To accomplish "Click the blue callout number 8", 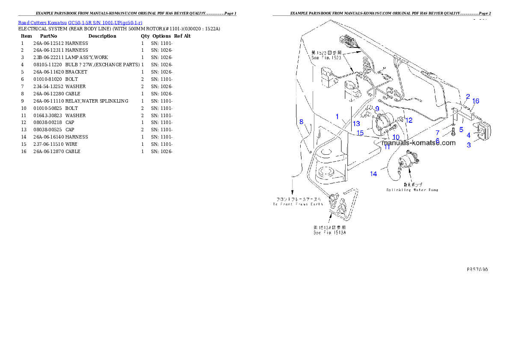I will point(301,122).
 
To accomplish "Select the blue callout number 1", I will point(337,116).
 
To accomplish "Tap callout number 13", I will point(356,124).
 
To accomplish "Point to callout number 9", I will point(377,109).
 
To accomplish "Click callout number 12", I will point(409,121).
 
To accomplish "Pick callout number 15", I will point(360,133).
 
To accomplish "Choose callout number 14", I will point(374,174).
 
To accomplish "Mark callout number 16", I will point(476,101).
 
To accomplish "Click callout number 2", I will point(468,97).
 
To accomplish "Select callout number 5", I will point(461,129).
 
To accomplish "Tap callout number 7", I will point(438,133).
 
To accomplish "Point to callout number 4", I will point(469,135).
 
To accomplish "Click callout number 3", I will point(469,145).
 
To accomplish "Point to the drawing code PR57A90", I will point(477,269).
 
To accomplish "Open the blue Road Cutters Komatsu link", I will point(80,22).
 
